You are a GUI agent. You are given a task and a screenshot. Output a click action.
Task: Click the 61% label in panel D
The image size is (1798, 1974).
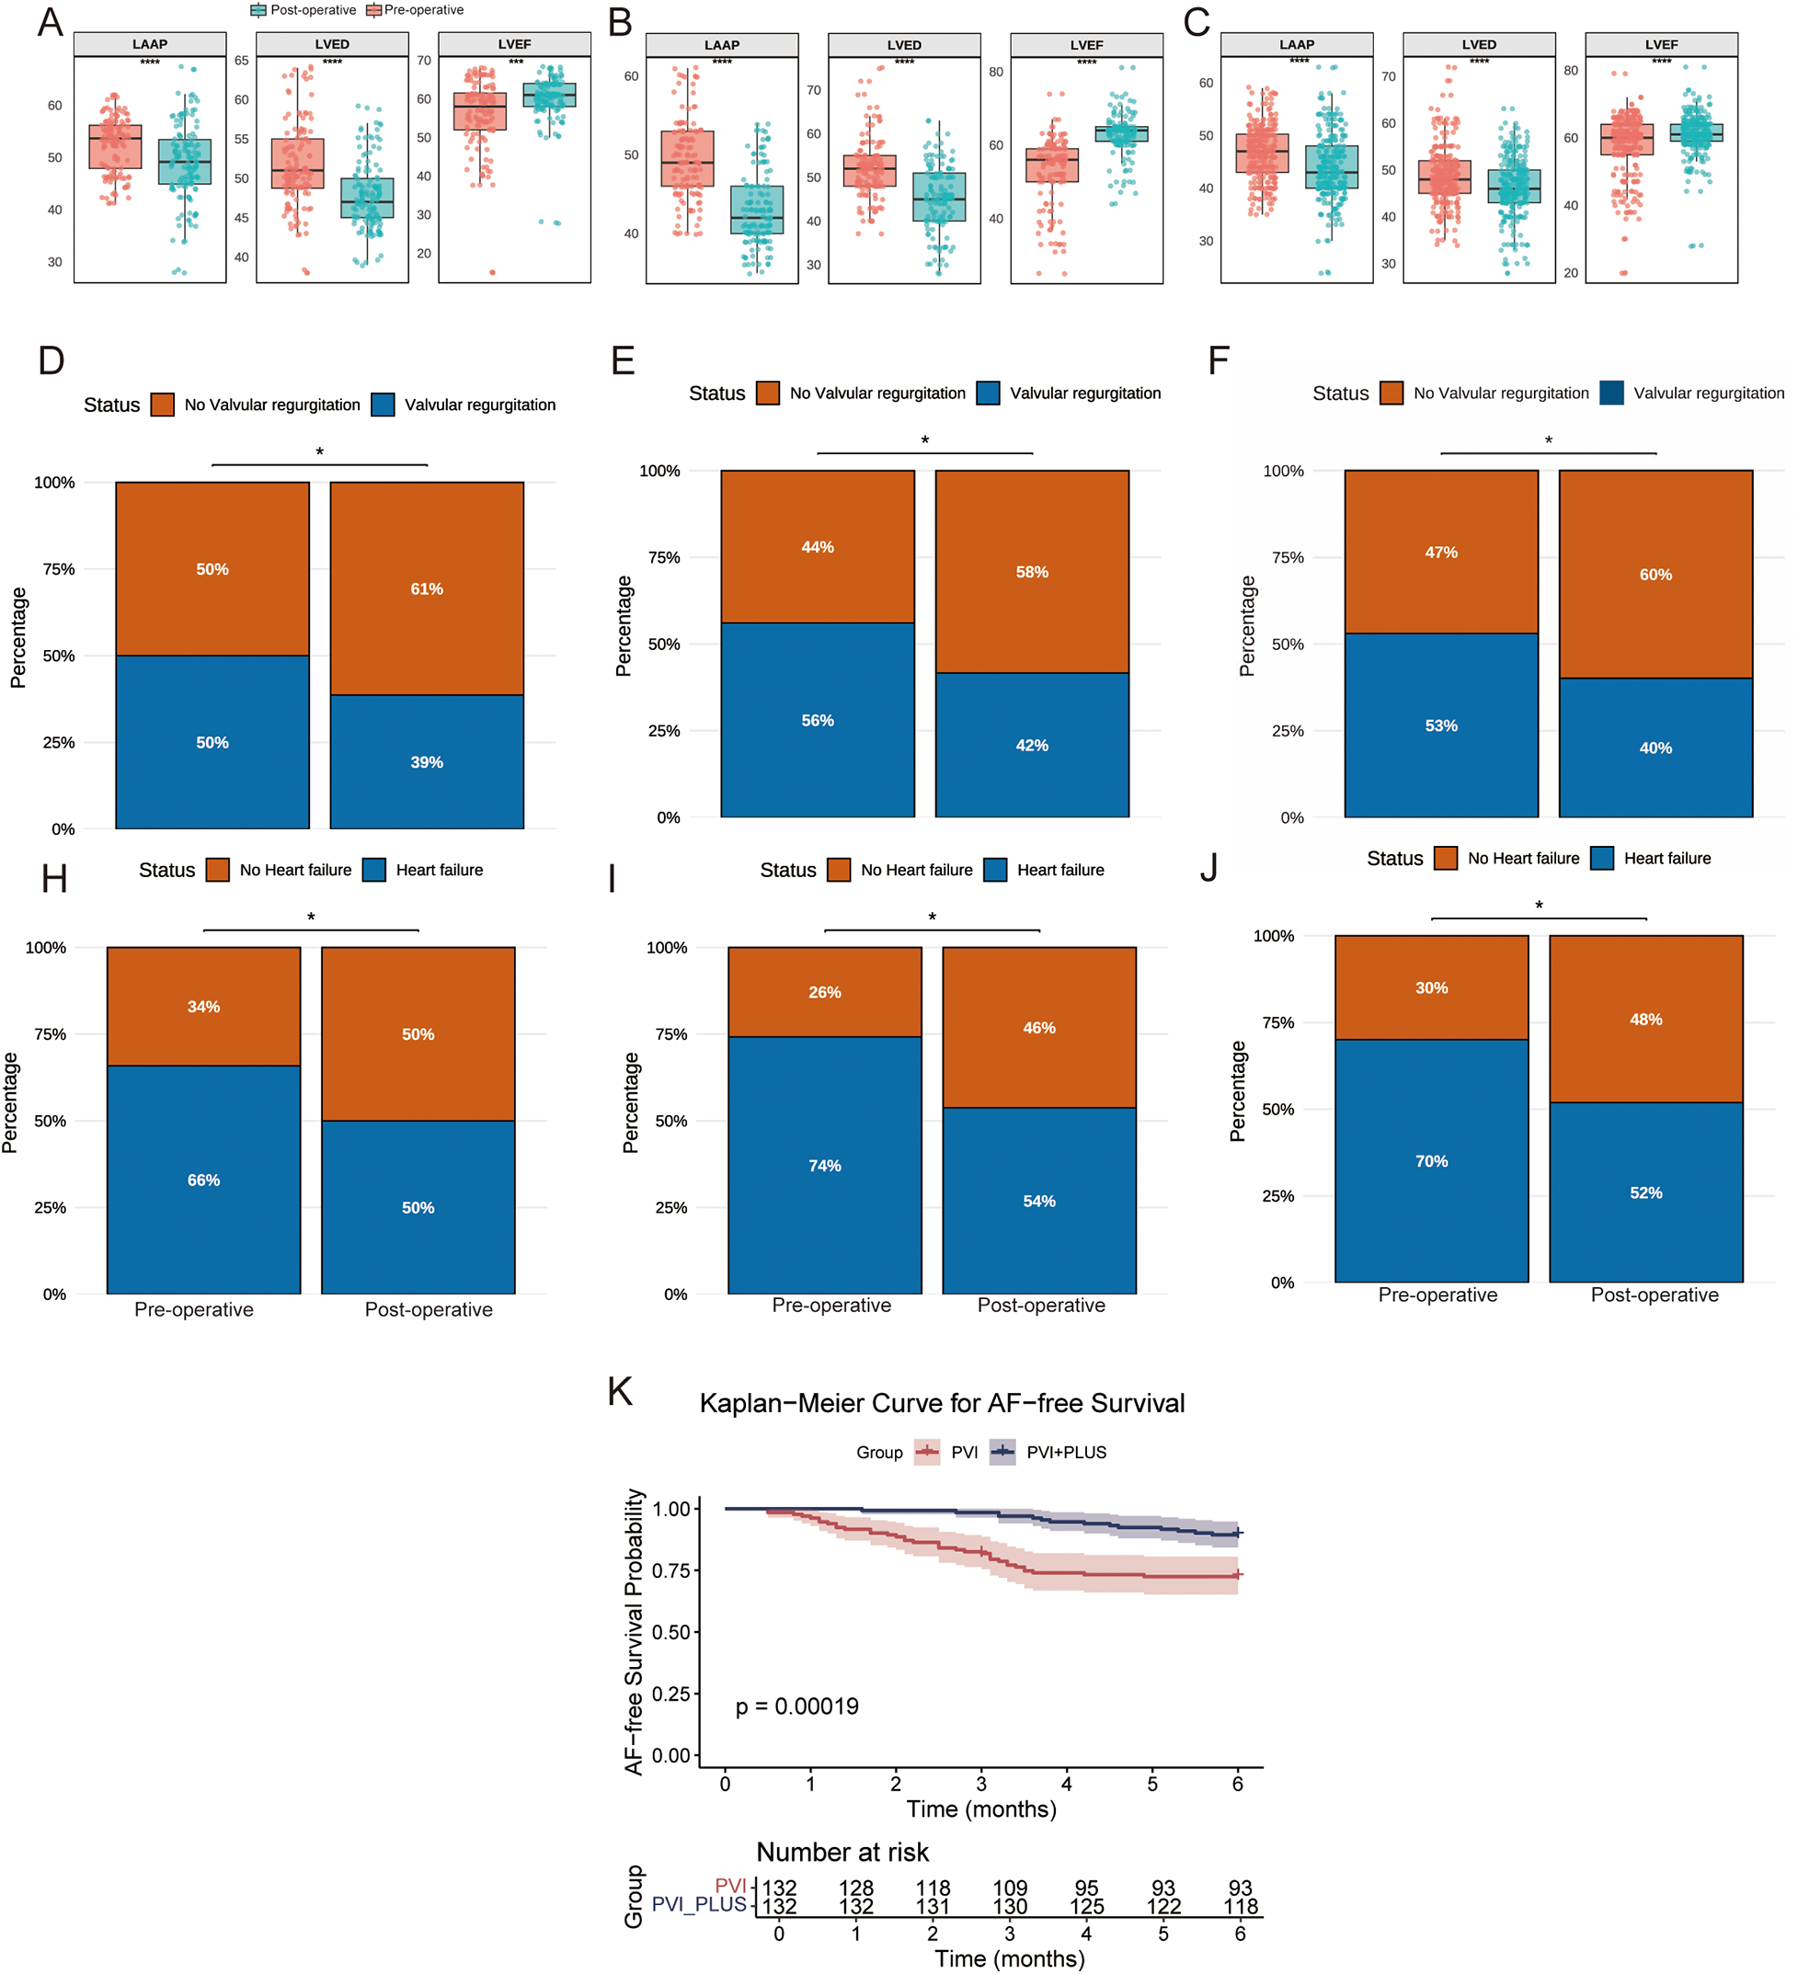click(426, 588)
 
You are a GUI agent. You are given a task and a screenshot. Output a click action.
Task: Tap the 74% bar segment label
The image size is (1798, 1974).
click(825, 1165)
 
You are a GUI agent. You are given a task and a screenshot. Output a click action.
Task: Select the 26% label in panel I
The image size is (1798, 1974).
click(825, 992)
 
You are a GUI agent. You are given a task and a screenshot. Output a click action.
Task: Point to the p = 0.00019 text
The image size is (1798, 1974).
click(796, 1706)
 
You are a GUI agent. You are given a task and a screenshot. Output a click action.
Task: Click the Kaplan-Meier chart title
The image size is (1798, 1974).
click(941, 1403)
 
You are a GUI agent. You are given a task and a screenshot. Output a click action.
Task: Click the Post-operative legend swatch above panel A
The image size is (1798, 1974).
click(258, 10)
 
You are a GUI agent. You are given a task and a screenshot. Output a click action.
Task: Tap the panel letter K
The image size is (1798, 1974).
click(620, 1391)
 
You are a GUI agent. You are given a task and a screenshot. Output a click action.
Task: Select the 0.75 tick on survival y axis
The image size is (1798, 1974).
click(671, 1570)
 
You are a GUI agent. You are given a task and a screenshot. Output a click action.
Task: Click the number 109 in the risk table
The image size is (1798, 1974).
click(1010, 1888)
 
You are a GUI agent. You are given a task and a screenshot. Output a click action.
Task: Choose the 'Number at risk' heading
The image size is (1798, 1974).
click(842, 1852)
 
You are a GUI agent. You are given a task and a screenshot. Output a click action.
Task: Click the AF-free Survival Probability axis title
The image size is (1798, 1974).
click(635, 1632)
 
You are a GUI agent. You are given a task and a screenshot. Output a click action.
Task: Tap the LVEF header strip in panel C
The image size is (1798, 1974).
click(1661, 45)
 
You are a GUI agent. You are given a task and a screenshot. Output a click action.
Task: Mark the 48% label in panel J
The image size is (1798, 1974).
click(1645, 1020)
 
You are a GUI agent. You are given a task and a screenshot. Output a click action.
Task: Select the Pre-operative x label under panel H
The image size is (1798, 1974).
click(194, 1309)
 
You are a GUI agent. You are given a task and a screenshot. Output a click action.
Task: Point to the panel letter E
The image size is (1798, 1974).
click(623, 360)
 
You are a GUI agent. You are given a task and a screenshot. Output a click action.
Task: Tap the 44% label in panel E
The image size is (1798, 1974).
click(818, 546)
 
